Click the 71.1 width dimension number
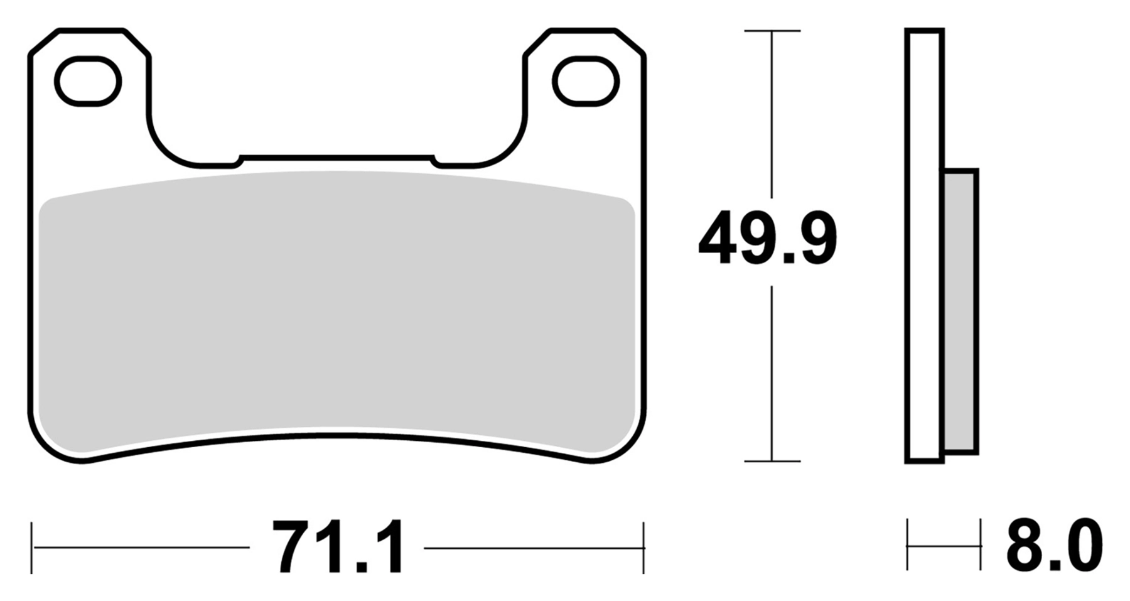click(x=338, y=547)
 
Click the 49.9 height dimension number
click(x=768, y=239)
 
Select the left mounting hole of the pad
click(x=88, y=81)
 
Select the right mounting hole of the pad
click(x=586, y=81)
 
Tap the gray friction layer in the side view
click(x=960, y=311)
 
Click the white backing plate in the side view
click(x=924, y=246)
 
